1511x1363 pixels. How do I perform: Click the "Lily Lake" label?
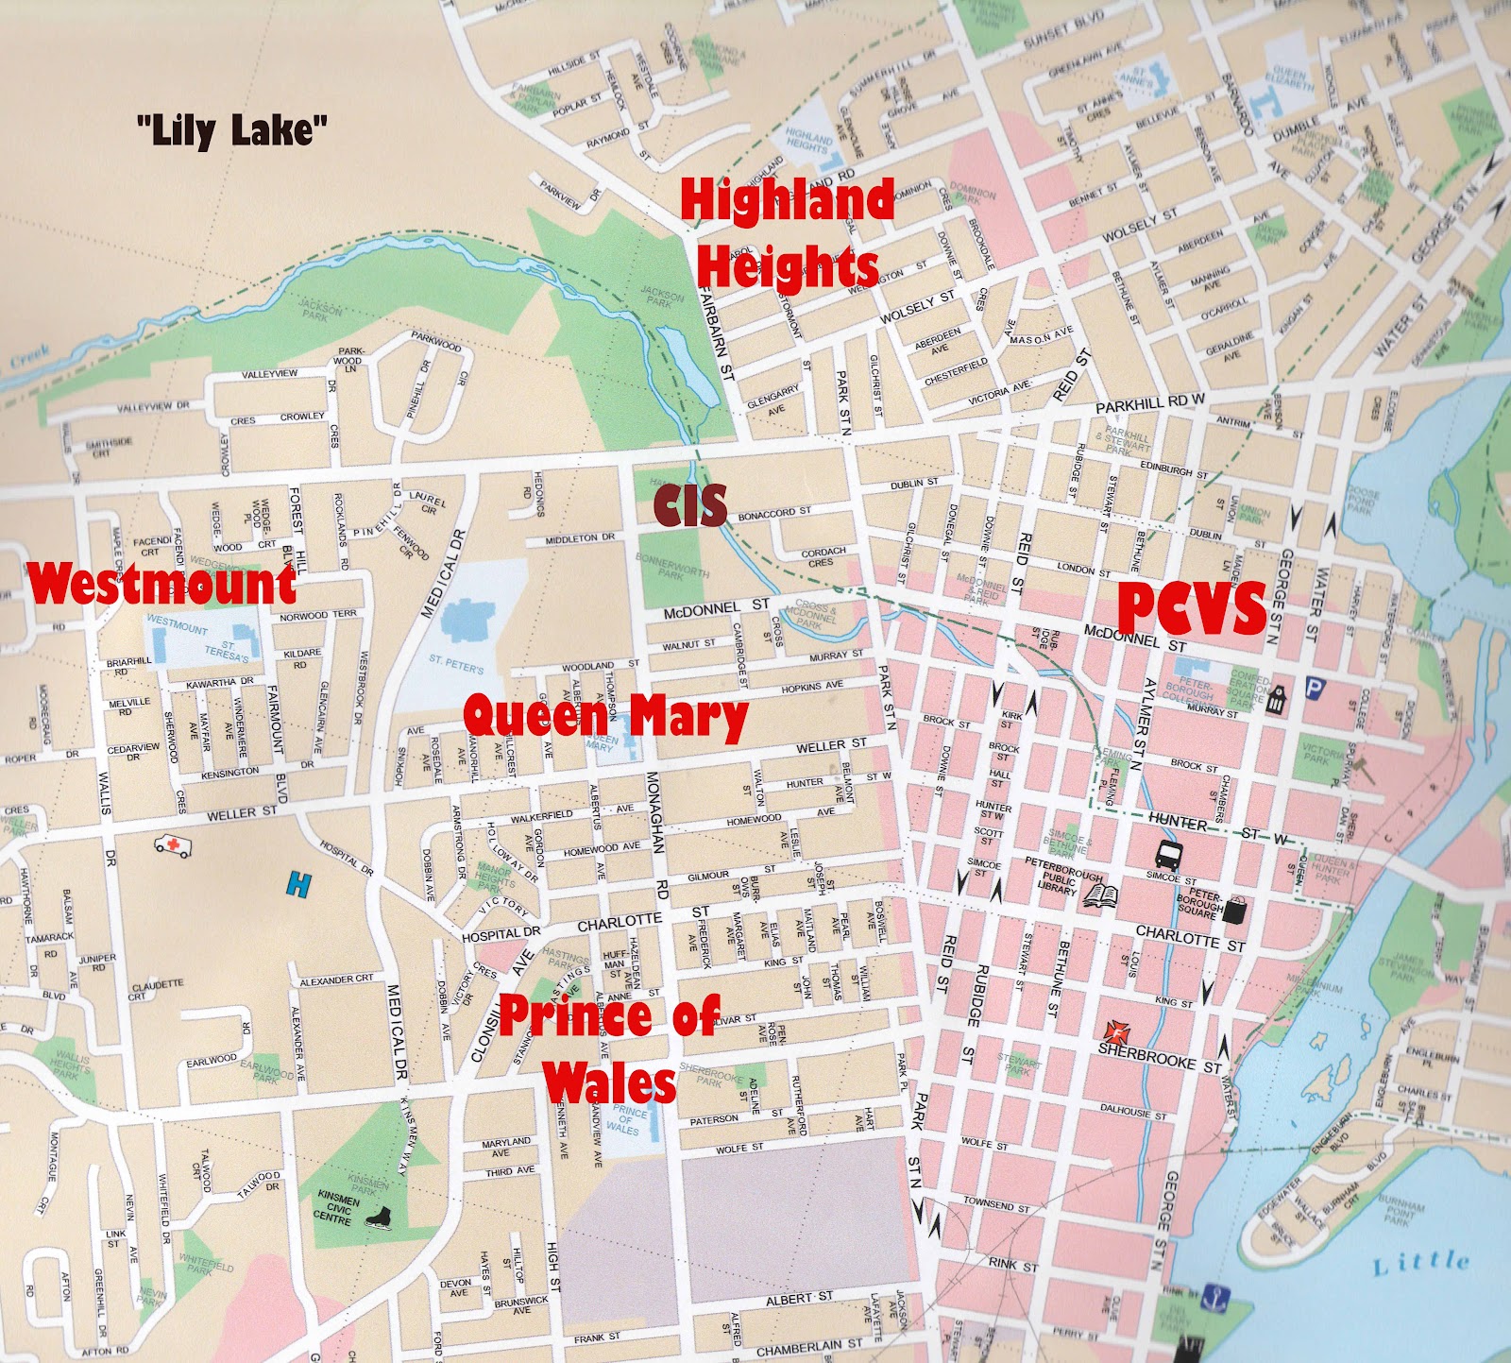click(x=232, y=128)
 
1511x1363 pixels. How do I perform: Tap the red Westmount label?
click(x=161, y=584)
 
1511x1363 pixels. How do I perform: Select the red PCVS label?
click(x=1191, y=608)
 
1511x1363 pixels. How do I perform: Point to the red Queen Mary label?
click(x=605, y=715)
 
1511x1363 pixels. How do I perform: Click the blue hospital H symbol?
click(x=298, y=885)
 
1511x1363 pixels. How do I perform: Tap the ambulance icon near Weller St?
click(x=173, y=844)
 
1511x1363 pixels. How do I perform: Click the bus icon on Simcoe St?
click(x=1167, y=856)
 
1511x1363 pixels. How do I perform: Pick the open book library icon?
click(x=1100, y=894)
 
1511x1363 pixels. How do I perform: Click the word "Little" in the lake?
click(x=1421, y=1263)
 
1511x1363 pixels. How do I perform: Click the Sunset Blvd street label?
click(x=1062, y=33)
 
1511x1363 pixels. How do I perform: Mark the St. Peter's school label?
click(x=456, y=663)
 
